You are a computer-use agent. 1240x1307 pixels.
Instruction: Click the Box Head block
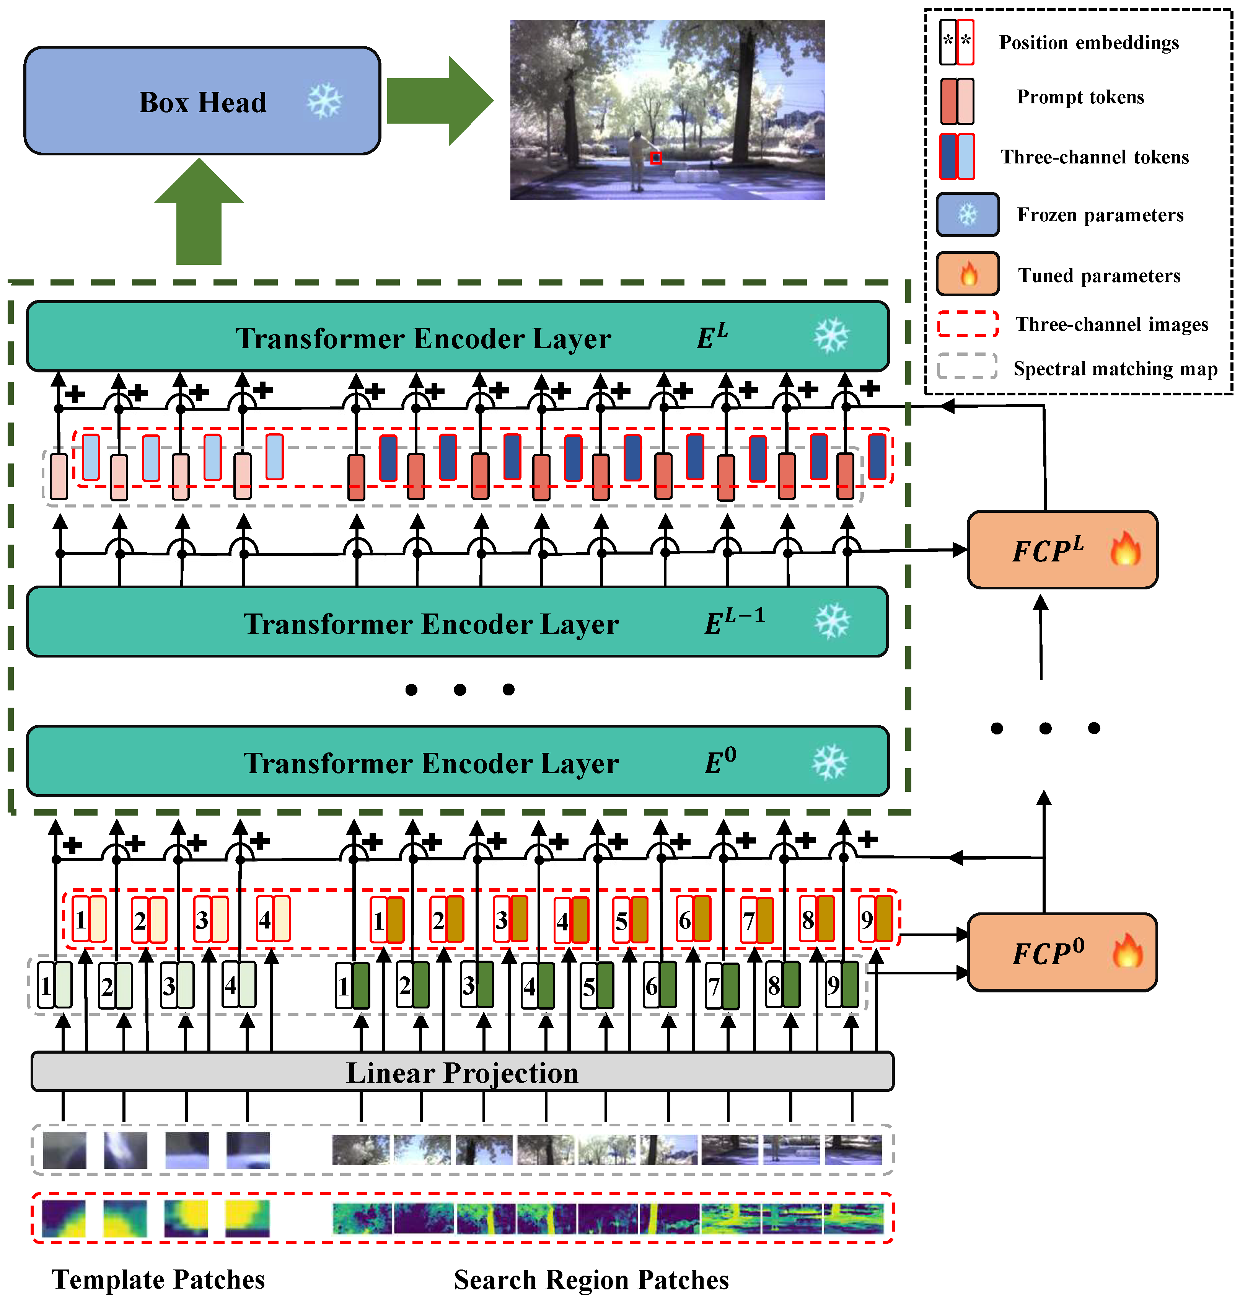coord(202,101)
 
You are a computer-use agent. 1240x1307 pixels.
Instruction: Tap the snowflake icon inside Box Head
coord(324,101)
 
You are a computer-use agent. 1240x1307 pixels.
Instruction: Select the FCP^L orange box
coord(1062,549)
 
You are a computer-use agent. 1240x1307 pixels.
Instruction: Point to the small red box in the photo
coord(656,158)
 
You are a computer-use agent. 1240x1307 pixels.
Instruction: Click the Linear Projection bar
coord(462,1072)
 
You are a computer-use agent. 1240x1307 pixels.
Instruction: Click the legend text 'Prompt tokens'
coord(1080,97)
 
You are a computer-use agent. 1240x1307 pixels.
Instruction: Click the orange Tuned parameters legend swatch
coord(967,274)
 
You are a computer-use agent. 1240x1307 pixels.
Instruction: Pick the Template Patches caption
coord(159,1279)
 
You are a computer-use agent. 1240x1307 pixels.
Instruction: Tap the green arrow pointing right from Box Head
coord(438,101)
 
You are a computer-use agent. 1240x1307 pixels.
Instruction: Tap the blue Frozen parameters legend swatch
coord(967,214)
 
